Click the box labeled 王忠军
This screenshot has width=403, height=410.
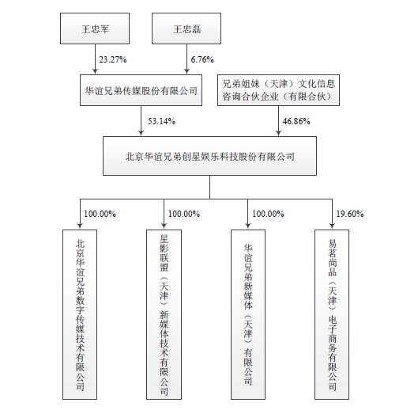95,28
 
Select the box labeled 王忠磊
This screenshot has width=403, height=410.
186,28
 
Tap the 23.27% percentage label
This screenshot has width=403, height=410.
113,59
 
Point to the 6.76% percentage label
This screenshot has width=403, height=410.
202,59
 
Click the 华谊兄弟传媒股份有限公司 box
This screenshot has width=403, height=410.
141,90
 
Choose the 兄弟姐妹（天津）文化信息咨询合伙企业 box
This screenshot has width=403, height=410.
278,90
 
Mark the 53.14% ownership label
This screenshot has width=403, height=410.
161,121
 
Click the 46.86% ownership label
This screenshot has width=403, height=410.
296,121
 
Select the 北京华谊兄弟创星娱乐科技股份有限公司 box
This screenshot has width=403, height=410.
209,156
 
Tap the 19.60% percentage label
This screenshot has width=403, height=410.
350,214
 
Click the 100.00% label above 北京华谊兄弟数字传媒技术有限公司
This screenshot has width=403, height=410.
100,214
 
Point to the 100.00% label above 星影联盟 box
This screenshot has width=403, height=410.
184,214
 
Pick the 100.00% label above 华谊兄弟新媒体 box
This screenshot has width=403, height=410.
268,214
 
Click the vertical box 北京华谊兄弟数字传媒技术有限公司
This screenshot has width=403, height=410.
80,314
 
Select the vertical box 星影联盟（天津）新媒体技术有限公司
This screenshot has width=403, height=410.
164,314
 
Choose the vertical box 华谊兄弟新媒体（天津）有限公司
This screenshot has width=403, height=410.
248,314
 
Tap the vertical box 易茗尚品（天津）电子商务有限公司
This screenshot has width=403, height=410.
332,314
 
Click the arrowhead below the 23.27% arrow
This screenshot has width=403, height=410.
95,71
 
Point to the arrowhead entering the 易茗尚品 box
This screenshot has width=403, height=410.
332,226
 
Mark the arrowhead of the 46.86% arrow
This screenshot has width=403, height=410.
278,133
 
